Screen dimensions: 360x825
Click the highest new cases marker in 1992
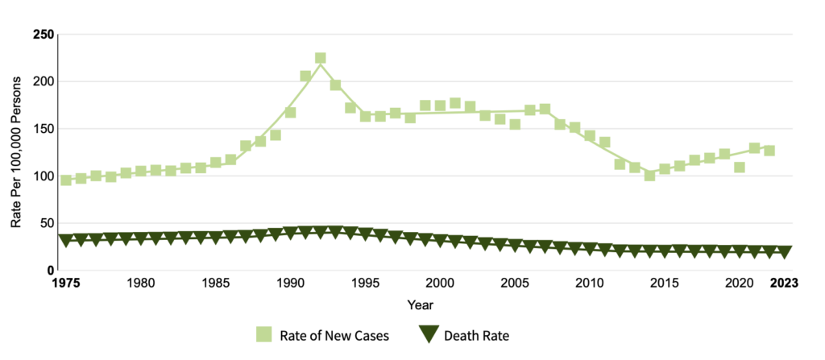click(x=320, y=58)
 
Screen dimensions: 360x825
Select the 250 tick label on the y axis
click(x=43, y=35)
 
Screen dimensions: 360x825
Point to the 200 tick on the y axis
click(x=43, y=81)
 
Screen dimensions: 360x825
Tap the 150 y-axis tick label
click(x=43, y=129)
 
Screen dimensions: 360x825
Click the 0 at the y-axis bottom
click(x=49, y=271)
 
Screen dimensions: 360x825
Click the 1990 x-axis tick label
click(x=290, y=283)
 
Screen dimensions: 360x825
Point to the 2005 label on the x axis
click(x=515, y=283)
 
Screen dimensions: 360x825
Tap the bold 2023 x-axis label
click(x=784, y=283)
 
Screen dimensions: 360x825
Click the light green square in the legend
click(x=263, y=334)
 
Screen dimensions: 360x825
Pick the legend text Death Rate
click(x=477, y=334)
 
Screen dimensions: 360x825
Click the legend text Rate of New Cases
click(x=334, y=334)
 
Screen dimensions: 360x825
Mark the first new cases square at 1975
click(x=66, y=180)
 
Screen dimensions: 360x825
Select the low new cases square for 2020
click(x=740, y=168)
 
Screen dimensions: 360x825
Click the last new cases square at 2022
click(x=769, y=151)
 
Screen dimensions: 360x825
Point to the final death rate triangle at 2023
click(x=785, y=252)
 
